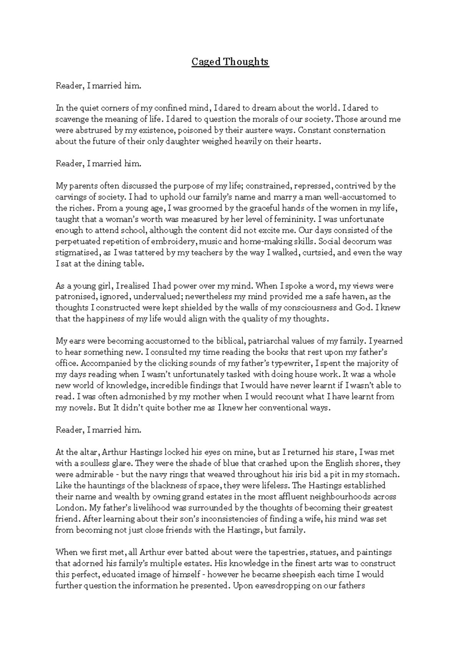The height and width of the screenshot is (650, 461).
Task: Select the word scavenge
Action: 71,119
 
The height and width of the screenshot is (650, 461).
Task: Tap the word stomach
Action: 384,475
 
